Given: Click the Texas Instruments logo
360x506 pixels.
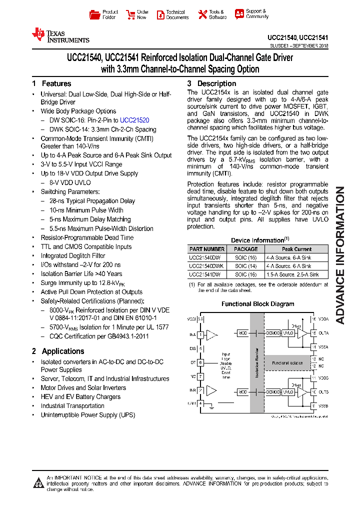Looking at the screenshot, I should [60, 35].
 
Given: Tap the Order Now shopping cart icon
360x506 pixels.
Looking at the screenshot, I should [130, 14].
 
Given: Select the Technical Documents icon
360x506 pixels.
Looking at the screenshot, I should [160, 14].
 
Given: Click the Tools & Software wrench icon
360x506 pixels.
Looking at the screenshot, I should [202, 14].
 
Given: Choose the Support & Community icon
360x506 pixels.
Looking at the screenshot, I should [239, 14].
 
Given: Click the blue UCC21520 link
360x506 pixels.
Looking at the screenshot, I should [134, 120].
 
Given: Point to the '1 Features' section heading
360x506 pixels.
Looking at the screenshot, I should [51, 83].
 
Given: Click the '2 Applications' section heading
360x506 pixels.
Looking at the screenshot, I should [58, 351].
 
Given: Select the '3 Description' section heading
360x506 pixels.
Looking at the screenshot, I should [211, 83].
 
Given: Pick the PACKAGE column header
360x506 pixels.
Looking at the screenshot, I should [246, 249].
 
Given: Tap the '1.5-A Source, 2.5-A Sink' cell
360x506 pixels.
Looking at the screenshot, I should [296, 274].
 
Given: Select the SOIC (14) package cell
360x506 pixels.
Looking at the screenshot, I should [246, 266].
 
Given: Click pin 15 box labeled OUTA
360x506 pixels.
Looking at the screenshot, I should [313, 333].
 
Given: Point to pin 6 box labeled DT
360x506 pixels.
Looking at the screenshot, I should [200, 362].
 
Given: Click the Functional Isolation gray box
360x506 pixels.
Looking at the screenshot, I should [287, 363].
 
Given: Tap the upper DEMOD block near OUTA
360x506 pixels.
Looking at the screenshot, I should [273, 333].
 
